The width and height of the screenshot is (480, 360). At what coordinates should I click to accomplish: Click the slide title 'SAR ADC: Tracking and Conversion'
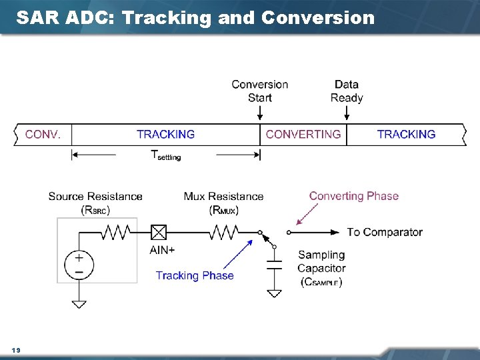195,18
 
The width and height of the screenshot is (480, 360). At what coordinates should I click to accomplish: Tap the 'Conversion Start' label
260,91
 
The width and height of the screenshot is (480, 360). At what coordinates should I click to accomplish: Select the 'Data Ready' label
347,91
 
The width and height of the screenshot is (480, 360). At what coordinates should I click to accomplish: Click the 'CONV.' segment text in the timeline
43,135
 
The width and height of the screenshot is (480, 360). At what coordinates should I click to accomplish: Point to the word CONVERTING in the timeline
303,135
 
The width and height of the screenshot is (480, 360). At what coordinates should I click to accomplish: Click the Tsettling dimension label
165,155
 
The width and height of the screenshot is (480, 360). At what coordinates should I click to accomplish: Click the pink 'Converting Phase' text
353,196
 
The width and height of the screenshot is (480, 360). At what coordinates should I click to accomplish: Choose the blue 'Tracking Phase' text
195,275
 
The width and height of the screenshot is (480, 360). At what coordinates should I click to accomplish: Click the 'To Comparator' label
385,232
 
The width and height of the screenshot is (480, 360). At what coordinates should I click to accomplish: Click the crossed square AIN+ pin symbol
159,232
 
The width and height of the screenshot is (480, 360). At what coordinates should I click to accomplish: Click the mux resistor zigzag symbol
223,232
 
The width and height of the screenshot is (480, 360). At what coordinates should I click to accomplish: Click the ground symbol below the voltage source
79,303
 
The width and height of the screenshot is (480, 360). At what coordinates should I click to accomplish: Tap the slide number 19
16,349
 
